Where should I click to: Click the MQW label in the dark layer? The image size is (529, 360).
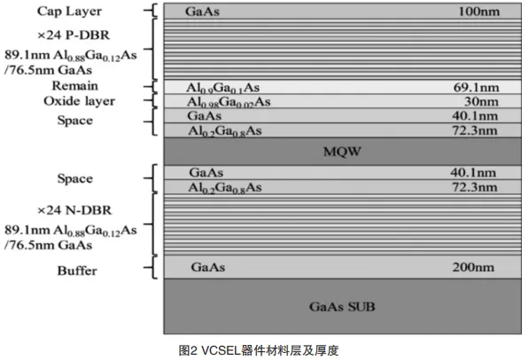342,152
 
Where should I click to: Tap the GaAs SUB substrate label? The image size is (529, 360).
342,307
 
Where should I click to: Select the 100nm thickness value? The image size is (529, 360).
478,12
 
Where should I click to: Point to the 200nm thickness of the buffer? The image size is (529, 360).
473,267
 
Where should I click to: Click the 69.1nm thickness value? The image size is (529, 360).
476,88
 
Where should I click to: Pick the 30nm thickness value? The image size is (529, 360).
481,101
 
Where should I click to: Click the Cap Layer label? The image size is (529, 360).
69,12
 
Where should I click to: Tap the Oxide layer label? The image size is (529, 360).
79,101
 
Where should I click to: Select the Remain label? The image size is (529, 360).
75,86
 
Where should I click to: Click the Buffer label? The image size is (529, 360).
77,270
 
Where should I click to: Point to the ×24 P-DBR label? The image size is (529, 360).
74,35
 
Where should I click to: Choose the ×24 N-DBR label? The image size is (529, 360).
74,210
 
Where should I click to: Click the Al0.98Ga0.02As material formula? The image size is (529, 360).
229,102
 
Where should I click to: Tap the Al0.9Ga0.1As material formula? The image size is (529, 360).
223,88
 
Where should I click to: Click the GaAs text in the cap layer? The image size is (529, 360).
202,12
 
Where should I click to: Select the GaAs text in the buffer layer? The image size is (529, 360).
208,267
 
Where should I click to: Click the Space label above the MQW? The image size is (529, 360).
75,121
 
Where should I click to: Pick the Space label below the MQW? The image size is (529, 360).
75,178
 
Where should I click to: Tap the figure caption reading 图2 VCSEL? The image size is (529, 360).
259,350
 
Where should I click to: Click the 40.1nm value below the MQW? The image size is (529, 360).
473,173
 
